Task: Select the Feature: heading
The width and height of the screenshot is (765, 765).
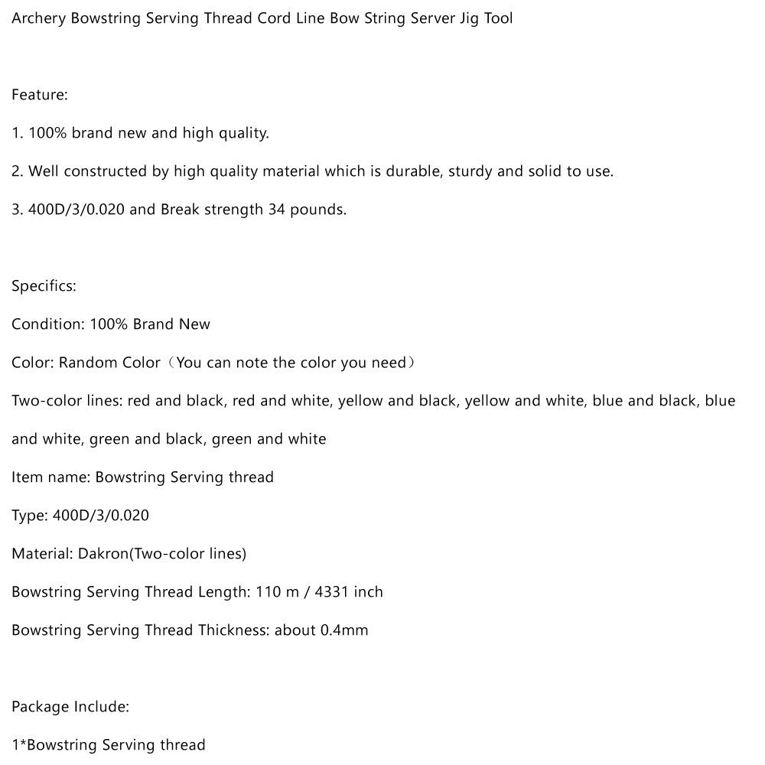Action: tap(40, 95)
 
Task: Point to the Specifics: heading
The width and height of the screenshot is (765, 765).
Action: tap(44, 286)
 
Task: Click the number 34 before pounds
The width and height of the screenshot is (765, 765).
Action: tap(277, 210)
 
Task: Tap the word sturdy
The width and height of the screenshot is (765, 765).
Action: tap(470, 171)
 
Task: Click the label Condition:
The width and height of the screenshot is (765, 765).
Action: tap(47, 324)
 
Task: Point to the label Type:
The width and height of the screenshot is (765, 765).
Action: tap(29, 516)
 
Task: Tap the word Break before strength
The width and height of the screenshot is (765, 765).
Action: tap(181, 210)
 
